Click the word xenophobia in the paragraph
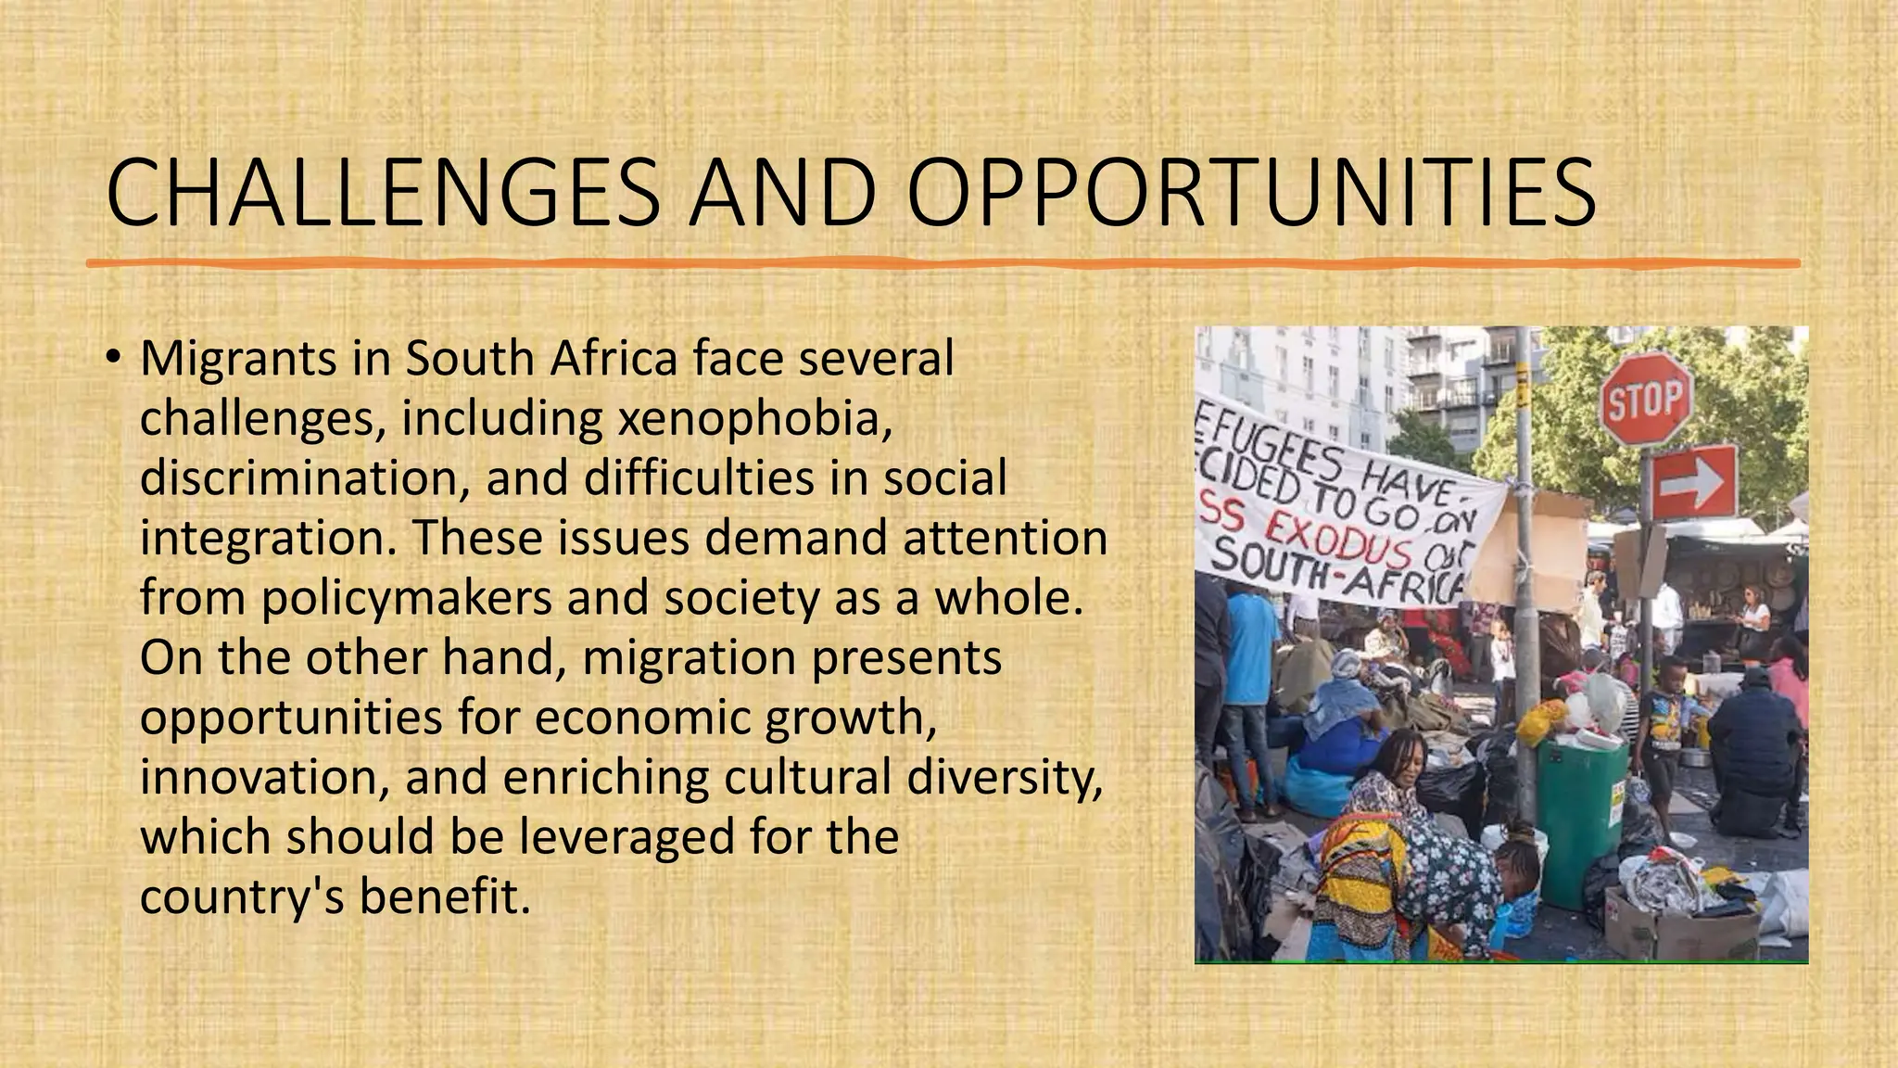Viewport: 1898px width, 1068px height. point(754,418)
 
